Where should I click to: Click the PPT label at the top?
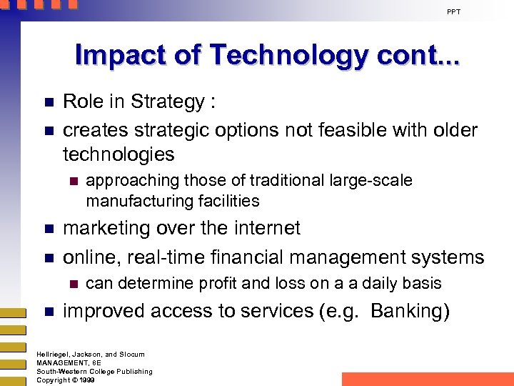pos(454,11)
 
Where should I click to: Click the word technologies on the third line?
pos(119,154)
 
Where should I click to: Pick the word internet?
pos(263,229)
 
